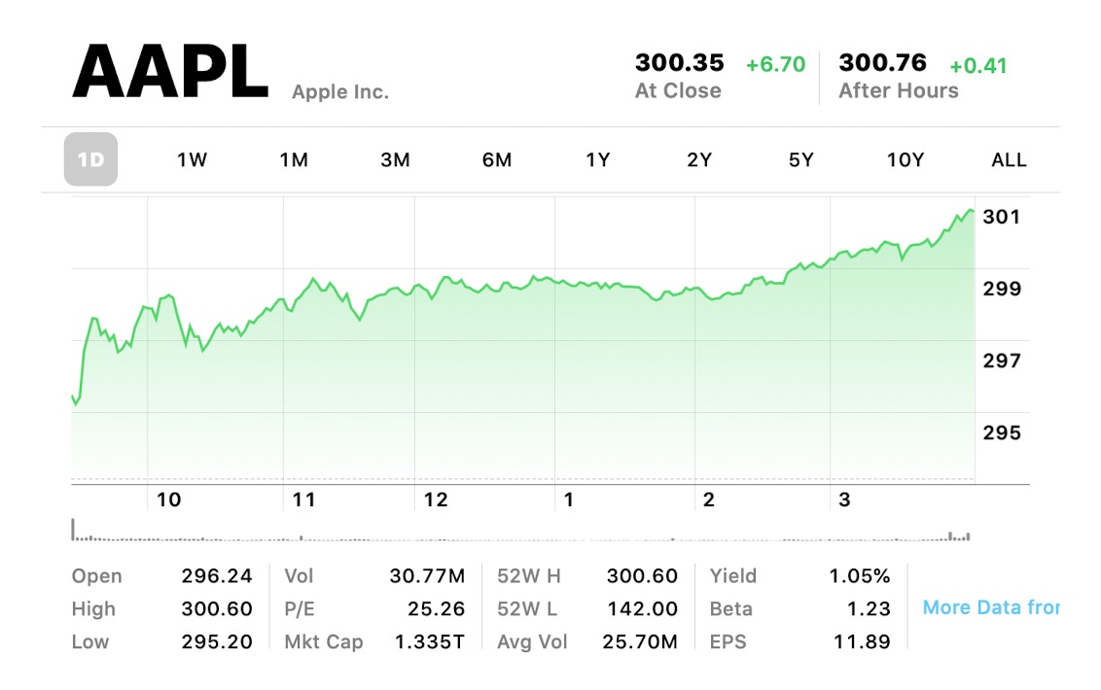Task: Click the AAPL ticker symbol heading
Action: click(x=170, y=73)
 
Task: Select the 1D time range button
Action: click(x=90, y=159)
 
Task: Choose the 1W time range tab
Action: click(x=192, y=160)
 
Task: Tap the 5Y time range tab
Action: click(x=800, y=160)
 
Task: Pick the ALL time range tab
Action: click(x=1009, y=160)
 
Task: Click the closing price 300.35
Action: click(x=680, y=63)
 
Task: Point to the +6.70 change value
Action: click(x=775, y=65)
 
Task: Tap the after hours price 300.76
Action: click(x=883, y=63)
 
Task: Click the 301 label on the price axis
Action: click(x=1002, y=217)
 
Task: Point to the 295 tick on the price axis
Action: click(x=1002, y=432)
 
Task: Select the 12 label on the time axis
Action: click(x=436, y=500)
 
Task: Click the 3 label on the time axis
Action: click(x=844, y=500)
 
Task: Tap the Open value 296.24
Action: click(x=217, y=576)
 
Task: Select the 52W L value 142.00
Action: click(x=642, y=609)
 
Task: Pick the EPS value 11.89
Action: click(x=861, y=642)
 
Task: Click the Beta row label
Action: click(x=731, y=609)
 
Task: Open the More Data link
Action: click(x=990, y=607)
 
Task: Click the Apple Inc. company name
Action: click(x=340, y=92)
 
